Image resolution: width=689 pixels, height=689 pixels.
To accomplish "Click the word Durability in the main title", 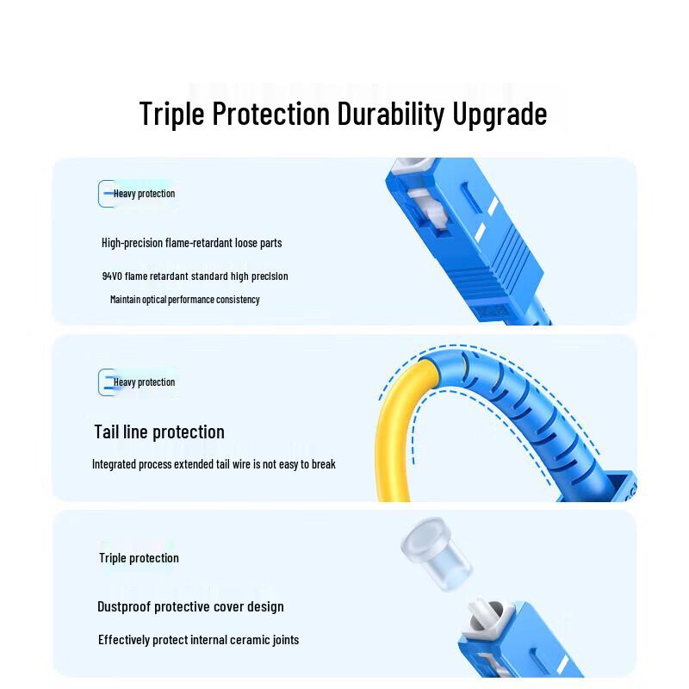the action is (391, 114).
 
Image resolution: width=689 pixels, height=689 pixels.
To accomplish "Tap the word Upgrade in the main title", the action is (500, 115).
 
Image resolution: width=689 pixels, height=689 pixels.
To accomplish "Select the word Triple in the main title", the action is (171, 114).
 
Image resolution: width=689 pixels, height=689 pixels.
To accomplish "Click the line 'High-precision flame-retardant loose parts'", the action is (191, 243).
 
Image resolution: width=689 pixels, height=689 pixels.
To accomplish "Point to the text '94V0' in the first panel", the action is (112, 276).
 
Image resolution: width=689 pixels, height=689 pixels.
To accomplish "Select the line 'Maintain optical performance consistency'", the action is (184, 300).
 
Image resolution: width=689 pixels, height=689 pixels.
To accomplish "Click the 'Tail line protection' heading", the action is (159, 432).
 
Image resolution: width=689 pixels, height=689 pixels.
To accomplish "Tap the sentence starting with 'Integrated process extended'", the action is (214, 464).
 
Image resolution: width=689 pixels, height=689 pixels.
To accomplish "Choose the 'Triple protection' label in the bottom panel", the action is (139, 558).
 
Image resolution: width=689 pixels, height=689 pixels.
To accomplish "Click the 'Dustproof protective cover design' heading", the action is (190, 607).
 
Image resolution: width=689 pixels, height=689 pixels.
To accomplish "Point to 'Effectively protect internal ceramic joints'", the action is (198, 640).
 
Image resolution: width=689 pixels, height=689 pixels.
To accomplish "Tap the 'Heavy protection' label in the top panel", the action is (144, 194).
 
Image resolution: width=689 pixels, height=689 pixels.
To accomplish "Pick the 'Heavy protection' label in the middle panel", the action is (144, 382).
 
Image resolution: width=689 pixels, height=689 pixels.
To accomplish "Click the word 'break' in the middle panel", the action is (324, 464).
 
